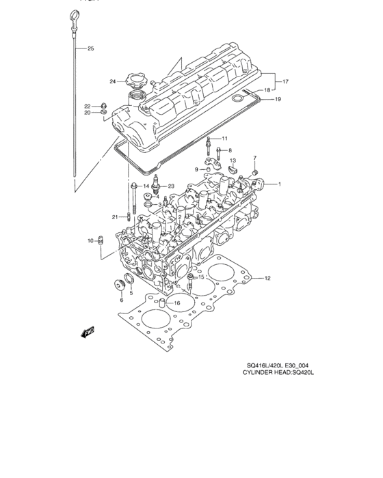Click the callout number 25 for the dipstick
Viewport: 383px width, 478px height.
coord(91,48)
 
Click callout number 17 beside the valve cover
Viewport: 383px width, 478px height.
coord(285,82)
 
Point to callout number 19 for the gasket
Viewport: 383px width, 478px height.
coord(278,100)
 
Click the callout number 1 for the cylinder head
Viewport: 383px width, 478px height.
coord(278,184)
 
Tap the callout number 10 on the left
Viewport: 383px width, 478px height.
coord(90,240)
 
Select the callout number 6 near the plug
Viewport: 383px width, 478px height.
coord(122,299)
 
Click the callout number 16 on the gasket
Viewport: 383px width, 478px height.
coord(176,303)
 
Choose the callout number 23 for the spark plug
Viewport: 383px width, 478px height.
coord(171,186)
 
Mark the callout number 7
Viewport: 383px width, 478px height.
coord(254,158)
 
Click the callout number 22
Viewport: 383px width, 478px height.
coord(88,106)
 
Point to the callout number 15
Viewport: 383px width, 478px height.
coord(201,277)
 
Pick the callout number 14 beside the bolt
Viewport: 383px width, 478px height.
coord(146,186)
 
